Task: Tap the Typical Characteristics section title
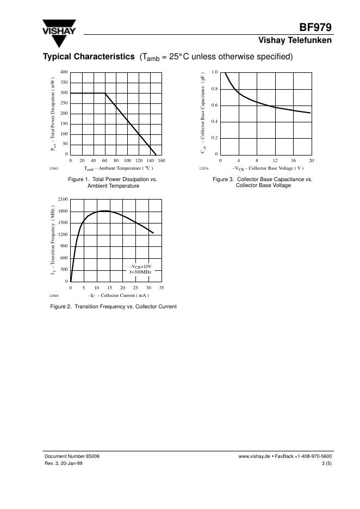click(x=89, y=57)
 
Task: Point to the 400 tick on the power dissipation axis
click(x=64, y=72)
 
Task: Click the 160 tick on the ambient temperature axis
click(x=162, y=160)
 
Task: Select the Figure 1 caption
click(x=113, y=182)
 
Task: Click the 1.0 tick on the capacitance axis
click(x=215, y=72)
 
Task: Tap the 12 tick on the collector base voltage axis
click(x=275, y=160)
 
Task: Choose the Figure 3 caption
click(x=263, y=182)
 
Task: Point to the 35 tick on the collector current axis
click(x=162, y=287)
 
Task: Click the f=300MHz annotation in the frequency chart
click(x=140, y=271)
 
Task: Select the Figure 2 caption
click(x=114, y=307)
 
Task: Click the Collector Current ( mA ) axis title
click(x=119, y=295)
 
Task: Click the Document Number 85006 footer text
click(x=72, y=457)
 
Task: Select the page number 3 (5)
click(x=326, y=463)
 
